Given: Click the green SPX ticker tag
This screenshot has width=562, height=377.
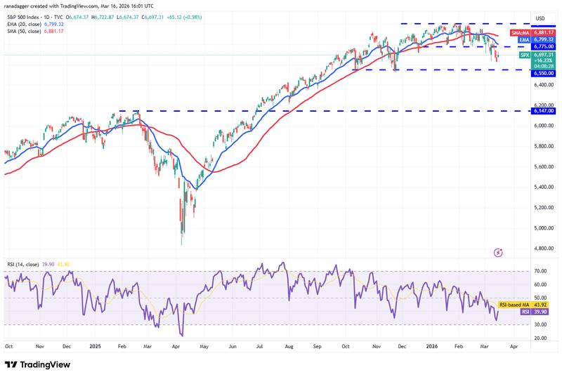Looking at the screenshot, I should point(523,55).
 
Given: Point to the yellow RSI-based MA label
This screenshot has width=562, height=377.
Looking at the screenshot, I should point(515,305).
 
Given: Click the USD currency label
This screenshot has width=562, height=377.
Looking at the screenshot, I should point(540,18).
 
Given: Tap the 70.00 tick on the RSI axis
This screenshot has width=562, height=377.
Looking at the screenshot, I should point(540,270).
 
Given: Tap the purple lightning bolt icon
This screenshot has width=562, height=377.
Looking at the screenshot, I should point(499,252).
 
